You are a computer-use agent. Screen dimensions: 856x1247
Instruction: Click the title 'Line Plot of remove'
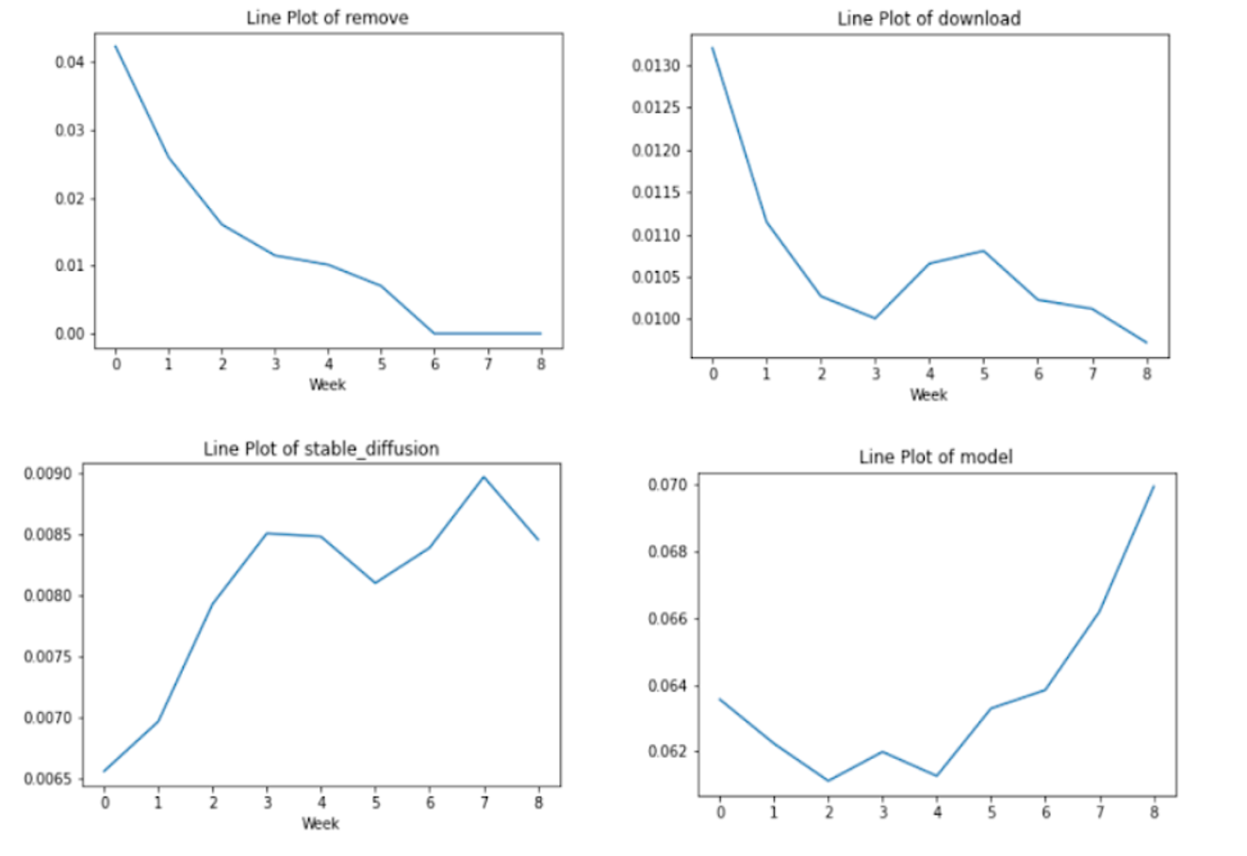pos(327,18)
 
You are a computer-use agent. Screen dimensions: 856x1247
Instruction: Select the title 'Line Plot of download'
pos(928,19)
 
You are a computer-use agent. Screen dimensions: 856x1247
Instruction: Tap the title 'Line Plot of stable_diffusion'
pos(320,449)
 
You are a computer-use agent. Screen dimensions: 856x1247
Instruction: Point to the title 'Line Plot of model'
pos(935,457)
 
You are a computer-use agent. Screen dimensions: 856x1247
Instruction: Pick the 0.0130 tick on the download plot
pos(656,66)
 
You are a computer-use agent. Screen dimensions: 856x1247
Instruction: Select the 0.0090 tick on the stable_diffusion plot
pos(48,474)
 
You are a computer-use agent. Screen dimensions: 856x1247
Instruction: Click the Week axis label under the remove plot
pos(327,384)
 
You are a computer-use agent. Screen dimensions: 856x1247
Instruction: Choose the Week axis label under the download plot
pos(928,395)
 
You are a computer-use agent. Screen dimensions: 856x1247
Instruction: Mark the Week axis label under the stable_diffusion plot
pos(320,823)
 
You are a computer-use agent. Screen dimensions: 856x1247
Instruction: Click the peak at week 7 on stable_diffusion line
pos(484,476)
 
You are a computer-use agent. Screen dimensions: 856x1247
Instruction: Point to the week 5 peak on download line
pos(984,250)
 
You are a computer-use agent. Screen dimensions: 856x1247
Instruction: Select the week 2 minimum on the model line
pos(829,781)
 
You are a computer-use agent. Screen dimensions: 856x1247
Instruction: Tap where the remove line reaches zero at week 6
pos(435,333)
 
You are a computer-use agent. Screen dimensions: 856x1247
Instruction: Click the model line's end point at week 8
pos(1154,486)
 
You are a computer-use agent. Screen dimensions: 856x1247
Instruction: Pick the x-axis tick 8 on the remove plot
pos(541,364)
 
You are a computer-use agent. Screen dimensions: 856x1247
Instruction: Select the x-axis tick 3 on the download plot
pos(876,374)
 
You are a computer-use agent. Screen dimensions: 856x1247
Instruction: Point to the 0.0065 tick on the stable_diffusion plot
pos(48,779)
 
